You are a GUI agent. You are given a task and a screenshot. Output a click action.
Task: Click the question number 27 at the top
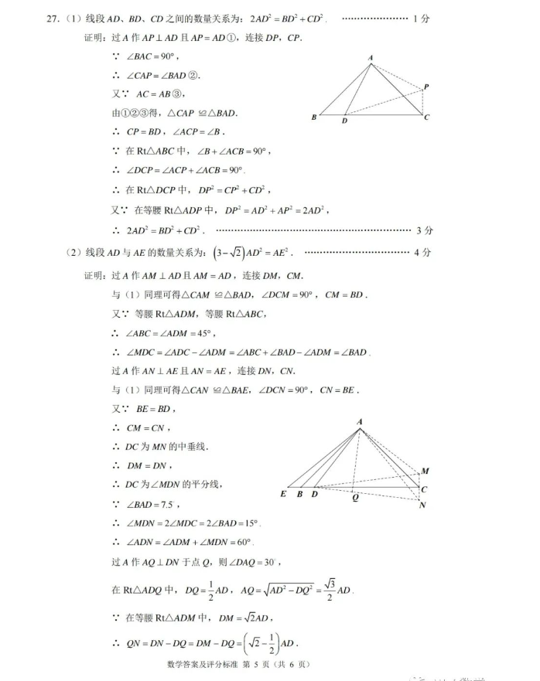pos(52,17)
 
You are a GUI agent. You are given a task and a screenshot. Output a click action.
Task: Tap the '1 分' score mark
pos(422,17)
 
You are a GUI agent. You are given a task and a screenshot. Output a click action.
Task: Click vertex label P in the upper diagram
pos(426,87)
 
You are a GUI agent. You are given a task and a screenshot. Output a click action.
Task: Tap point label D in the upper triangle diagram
pos(344,121)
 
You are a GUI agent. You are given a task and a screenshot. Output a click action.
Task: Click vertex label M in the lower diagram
pos(425,471)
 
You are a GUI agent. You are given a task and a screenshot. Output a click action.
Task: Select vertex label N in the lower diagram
pos(422,506)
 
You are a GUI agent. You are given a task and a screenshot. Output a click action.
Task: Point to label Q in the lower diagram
pos(355,498)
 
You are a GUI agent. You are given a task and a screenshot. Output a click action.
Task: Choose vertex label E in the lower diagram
pos(283,494)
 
